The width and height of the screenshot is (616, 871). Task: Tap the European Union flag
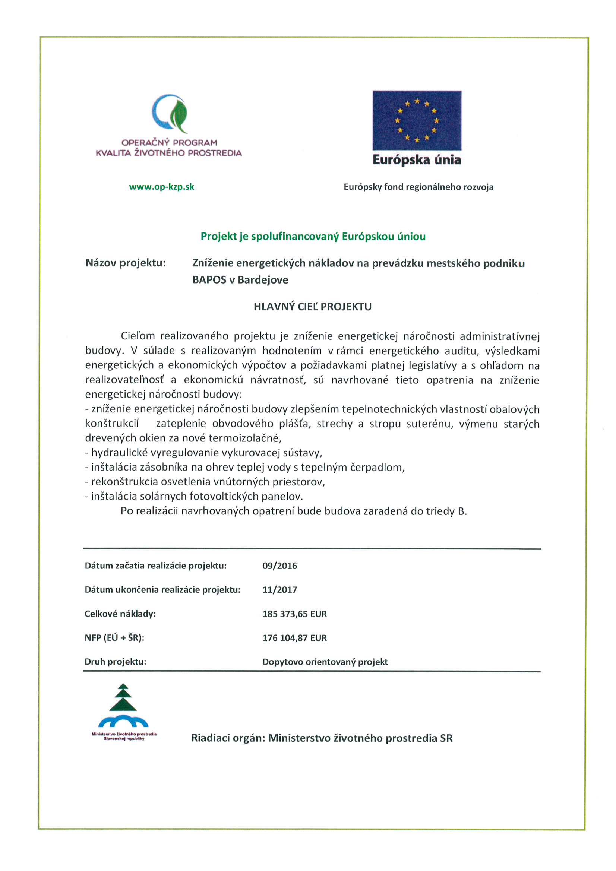(x=416, y=120)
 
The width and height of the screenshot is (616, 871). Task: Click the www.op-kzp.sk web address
(x=161, y=187)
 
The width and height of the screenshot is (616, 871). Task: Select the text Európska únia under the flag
(x=416, y=160)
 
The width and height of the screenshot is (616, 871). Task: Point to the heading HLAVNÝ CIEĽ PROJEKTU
(x=312, y=307)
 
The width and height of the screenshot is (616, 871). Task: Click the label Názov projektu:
(x=126, y=263)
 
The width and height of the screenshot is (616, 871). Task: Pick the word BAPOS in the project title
(x=209, y=280)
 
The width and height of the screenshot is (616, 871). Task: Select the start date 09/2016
(x=279, y=566)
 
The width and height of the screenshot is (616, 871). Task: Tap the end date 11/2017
(x=279, y=589)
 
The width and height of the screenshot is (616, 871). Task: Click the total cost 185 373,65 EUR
(x=294, y=614)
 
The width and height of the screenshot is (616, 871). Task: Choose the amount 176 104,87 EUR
(x=294, y=638)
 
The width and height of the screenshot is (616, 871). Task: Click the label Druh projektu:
(x=116, y=662)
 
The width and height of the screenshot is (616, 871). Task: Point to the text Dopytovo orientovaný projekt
(x=325, y=662)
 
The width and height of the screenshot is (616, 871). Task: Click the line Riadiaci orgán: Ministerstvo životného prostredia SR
(x=322, y=738)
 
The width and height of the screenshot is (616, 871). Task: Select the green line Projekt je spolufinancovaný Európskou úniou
(x=313, y=236)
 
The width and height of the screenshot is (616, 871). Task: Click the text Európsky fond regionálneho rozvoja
(x=418, y=187)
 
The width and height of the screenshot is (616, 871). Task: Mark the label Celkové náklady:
(x=120, y=614)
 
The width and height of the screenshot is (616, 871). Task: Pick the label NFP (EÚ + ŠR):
(x=114, y=638)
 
